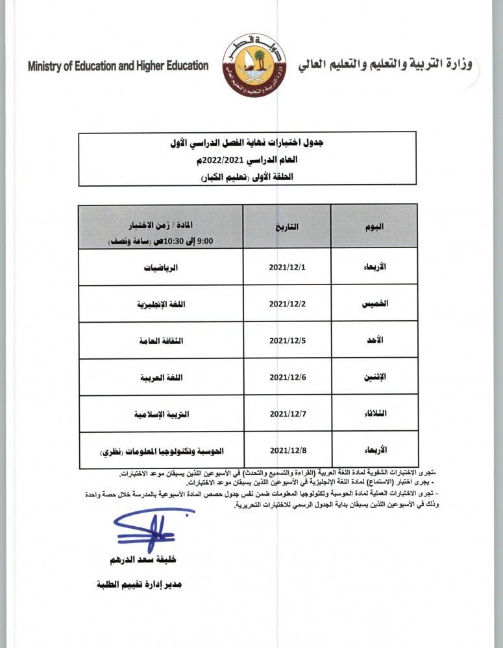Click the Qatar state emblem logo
pyautogui.click(x=252, y=67)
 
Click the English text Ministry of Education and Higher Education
pyautogui.click(x=118, y=66)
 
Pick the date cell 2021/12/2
pyautogui.click(x=286, y=303)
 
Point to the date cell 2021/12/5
pyautogui.click(x=286, y=340)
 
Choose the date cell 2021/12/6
pyautogui.click(x=286, y=376)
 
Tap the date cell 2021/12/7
pyautogui.click(x=286, y=413)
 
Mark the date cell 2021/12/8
pyautogui.click(x=286, y=450)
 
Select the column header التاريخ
pyautogui.click(x=286, y=227)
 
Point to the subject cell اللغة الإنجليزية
pyautogui.click(x=161, y=303)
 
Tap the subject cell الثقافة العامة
pyautogui.click(x=161, y=340)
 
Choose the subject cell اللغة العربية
pyautogui.click(x=161, y=376)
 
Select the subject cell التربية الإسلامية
pyautogui.click(x=161, y=413)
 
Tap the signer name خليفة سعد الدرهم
pyautogui.click(x=144, y=559)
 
